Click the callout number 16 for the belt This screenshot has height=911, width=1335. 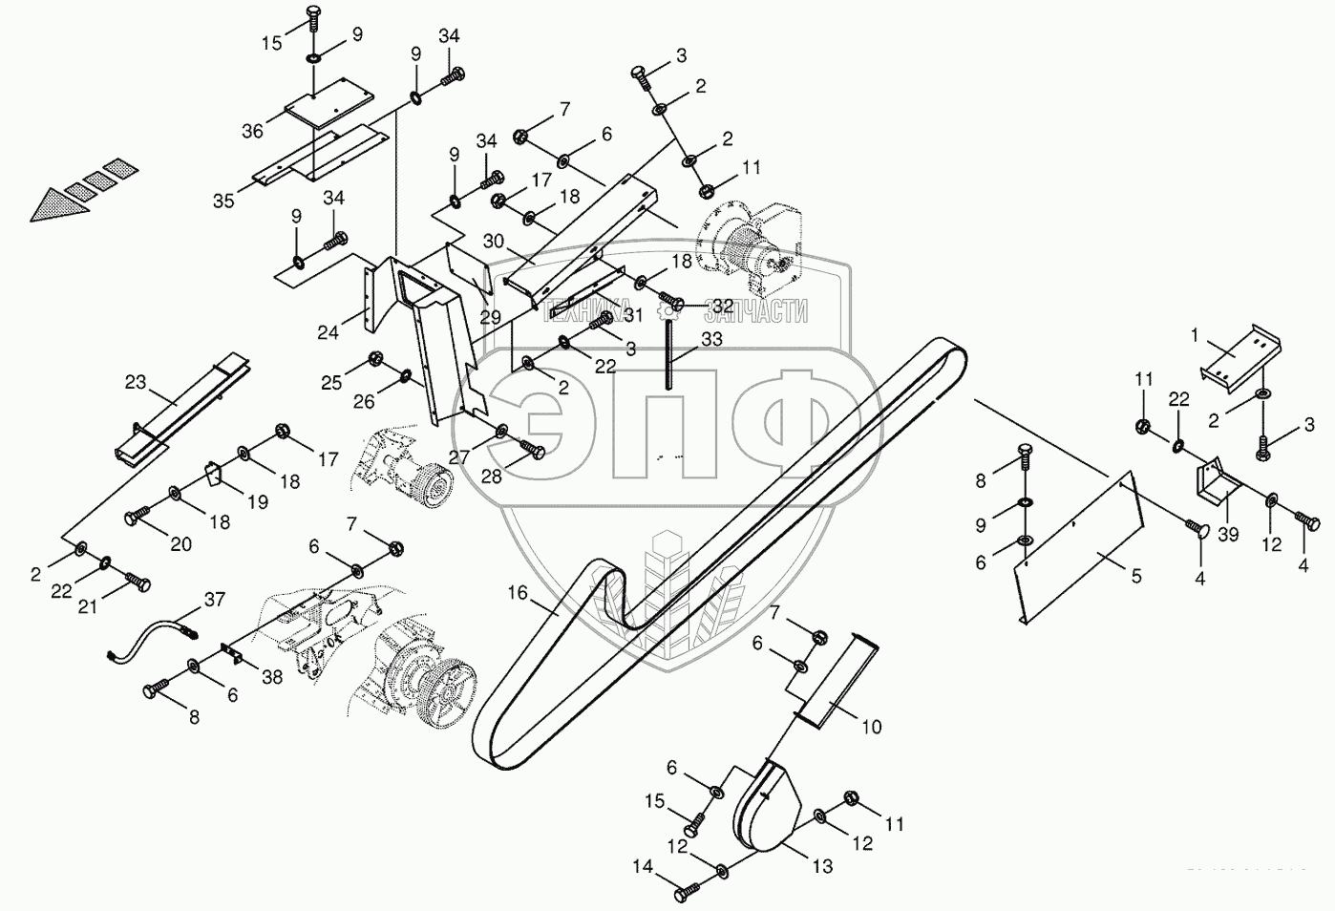tap(517, 593)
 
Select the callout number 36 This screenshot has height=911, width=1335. tap(252, 131)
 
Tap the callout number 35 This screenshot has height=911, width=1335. tap(223, 201)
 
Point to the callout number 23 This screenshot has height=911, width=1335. tap(137, 383)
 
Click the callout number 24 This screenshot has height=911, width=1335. tap(328, 332)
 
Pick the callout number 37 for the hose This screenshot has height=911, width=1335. tap(214, 600)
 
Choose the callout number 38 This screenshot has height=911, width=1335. tap(272, 676)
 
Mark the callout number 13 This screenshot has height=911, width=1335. tap(822, 866)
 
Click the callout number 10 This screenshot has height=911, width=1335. tap(871, 728)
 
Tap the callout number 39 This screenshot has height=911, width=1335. tap(1228, 534)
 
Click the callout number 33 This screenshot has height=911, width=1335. tap(711, 339)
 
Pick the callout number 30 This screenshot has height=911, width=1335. tap(494, 243)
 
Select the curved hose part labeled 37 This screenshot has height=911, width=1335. tap(153, 641)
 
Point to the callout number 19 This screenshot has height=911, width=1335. tap(259, 501)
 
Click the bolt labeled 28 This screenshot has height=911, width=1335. tap(533, 450)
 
